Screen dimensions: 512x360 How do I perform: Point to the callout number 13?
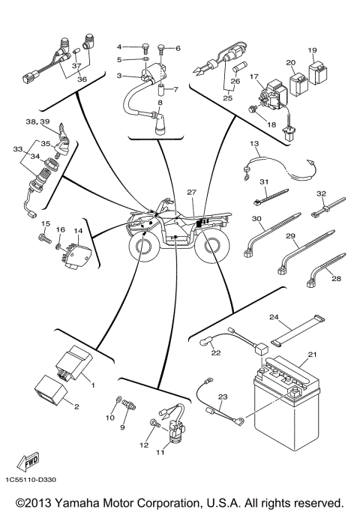tap(253, 143)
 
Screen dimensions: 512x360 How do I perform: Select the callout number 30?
tap(256, 220)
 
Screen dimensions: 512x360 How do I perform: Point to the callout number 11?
tap(159, 453)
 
